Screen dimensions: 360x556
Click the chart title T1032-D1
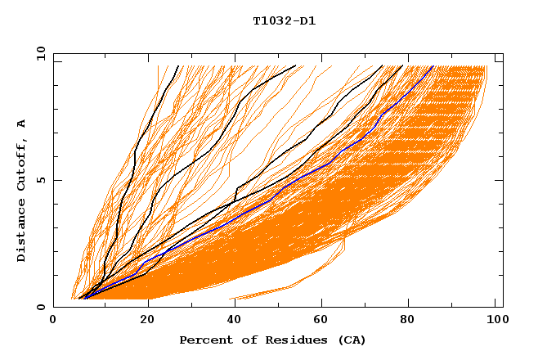pyautogui.click(x=284, y=21)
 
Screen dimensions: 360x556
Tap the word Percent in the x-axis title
pyautogui.click(x=202, y=340)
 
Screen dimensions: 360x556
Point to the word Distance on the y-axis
pyautogui.click(x=21, y=232)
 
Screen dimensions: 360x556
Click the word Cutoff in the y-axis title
pyautogui.click(x=21, y=161)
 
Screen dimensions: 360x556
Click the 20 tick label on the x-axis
pyautogui.click(x=142, y=320)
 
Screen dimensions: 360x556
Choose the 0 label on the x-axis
pyautogui.click(x=54, y=320)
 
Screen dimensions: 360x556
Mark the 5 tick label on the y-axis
pyautogui.click(x=39, y=180)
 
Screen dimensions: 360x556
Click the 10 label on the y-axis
pyautogui.click(x=38, y=53)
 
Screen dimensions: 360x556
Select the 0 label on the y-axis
pyautogui.click(x=39, y=307)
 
